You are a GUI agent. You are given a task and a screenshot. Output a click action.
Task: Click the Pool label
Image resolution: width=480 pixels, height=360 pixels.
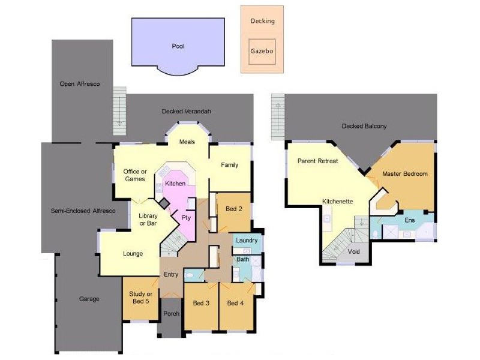click(x=178, y=46)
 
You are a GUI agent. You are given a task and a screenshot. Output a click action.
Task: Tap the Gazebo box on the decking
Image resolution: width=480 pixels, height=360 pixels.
click(x=262, y=52)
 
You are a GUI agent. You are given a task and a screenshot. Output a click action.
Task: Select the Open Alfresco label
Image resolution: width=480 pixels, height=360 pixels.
click(x=79, y=84)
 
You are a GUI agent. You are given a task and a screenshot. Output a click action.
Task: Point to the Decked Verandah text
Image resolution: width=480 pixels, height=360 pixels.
click(x=187, y=112)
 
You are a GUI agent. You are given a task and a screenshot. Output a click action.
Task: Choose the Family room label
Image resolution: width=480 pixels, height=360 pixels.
click(x=230, y=165)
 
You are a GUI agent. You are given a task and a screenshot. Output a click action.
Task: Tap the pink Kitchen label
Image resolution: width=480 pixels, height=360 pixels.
click(x=175, y=184)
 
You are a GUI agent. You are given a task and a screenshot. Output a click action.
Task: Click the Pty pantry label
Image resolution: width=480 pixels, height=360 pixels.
click(x=186, y=218)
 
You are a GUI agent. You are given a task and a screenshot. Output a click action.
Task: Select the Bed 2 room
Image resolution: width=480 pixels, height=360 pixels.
click(x=233, y=209)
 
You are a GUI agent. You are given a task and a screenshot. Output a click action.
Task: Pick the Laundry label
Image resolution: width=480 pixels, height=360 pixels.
click(x=247, y=241)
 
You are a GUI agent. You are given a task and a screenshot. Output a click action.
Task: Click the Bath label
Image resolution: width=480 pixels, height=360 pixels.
click(x=242, y=260)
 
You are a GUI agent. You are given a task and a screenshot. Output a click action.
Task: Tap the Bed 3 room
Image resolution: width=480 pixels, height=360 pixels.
click(x=201, y=304)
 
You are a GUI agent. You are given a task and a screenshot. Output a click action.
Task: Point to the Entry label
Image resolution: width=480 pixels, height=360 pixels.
click(x=171, y=275)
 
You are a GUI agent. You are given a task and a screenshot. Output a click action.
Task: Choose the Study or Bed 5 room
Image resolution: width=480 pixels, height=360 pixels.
click(x=142, y=297)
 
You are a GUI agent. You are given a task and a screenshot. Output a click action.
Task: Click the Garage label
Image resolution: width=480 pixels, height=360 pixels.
click(x=89, y=299)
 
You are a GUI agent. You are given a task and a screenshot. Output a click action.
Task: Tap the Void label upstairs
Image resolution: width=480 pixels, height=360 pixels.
click(x=354, y=251)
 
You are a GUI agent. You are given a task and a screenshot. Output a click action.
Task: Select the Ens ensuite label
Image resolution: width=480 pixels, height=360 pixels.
click(x=410, y=221)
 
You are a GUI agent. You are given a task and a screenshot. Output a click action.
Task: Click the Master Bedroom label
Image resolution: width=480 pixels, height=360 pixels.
click(x=405, y=174)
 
